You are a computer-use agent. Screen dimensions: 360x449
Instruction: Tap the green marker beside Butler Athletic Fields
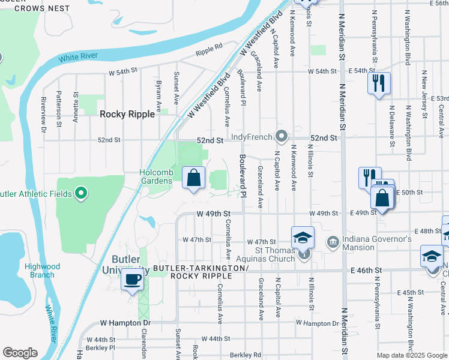click(81, 194)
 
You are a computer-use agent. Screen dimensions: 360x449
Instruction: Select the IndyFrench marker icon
click(280, 136)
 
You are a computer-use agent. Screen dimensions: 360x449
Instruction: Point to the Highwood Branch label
click(40, 271)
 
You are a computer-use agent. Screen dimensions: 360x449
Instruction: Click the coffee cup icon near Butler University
click(132, 279)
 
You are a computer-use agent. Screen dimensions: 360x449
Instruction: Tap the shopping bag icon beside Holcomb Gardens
click(193, 178)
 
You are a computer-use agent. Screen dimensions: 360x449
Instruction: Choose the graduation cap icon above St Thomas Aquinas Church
click(303, 238)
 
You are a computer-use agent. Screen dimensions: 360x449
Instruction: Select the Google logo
click(20, 353)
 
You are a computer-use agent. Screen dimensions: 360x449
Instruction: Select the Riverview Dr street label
click(44, 114)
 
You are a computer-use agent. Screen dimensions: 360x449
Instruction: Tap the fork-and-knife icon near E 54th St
click(378, 83)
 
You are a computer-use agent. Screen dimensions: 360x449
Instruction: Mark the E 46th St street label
click(367, 271)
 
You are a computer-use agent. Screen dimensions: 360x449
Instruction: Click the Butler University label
click(128, 264)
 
